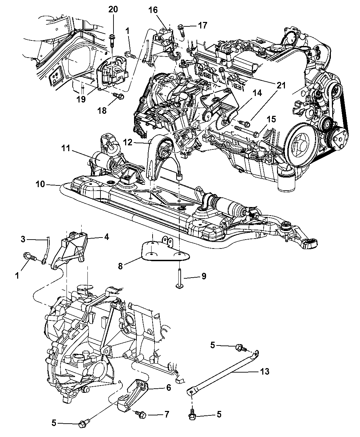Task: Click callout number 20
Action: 113,10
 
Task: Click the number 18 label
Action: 103,110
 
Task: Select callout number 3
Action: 23,240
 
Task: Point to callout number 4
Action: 107,236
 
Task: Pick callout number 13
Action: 265,371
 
